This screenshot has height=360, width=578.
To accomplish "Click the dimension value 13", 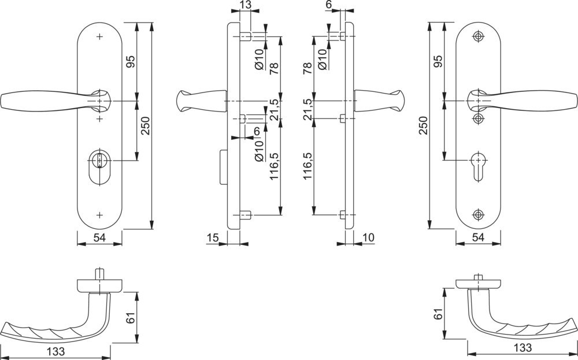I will (x=244, y=5).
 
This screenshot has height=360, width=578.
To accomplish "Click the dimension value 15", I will (x=212, y=237).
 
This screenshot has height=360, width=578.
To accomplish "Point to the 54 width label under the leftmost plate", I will (x=99, y=237).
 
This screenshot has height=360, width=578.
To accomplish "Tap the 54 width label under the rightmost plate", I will (x=477, y=237).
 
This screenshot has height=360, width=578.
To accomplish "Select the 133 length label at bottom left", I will (x=56, y=351).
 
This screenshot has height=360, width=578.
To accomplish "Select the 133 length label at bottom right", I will (x=522, y=347).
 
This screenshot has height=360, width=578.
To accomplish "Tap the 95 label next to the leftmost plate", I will (x=131, y=62).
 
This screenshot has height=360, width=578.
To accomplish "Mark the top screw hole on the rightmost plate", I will (x=477, y=36).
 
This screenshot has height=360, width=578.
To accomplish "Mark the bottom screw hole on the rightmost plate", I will (x=477, y=214).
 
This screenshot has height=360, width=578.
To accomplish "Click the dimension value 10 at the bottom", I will (x=369, y=237).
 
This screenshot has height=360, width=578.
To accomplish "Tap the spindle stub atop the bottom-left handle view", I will (x=99, y=273).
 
